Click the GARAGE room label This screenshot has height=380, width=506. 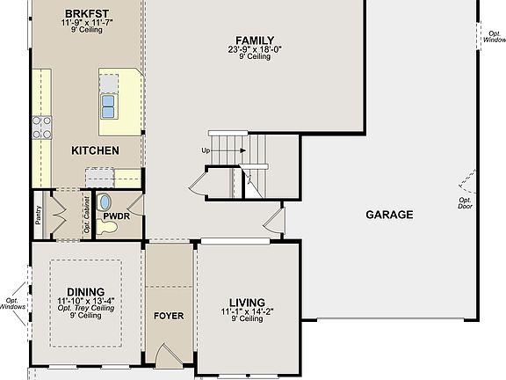pyautogui.click(x=389, y=215)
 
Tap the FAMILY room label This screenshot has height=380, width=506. pyautogui.click(x=255, y=40)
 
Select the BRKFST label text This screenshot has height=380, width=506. pyautogui.click(x=86, y=13)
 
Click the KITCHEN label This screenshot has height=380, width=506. pyautogui.click(x=95, y=150)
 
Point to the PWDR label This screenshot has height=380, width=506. pyautogui.click(x=116, y=215)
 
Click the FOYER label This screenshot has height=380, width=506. pyautogui.click(x=169, y=316)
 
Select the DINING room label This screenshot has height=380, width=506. pyautogui.click(x=85, y=292)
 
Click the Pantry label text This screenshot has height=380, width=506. pyautogui.click(x=39, y=215)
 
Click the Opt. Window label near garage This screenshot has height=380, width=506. pyautogui.click(x=495, y=36)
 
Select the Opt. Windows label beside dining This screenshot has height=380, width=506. pyautogui.click(x=12, y=303)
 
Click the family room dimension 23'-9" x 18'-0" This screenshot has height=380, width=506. pyautogui.click(x=255, y=49)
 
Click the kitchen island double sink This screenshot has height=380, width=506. pyautogui.click(x=109, y=106)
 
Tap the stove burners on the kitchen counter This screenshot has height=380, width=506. pyautogui.click(x=41, y=128)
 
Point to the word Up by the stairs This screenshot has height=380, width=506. pyautogui.click(x=206, y=150)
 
